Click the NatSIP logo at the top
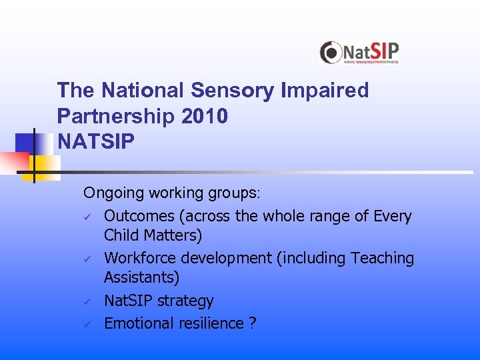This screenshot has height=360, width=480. click(359, 52)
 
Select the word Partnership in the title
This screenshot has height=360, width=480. click(116, 116)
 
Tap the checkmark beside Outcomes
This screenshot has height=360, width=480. click(87, 217)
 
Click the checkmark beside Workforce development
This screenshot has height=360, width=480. click(87, 259)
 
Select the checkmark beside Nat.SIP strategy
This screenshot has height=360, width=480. click(87, 301)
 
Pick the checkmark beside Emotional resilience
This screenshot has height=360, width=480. click(87, 324)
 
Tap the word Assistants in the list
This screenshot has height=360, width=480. click(141, 277)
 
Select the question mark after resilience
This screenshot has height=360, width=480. click(252, 323)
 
